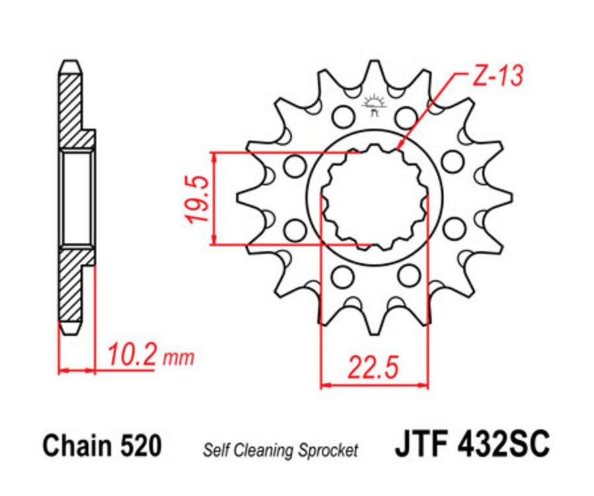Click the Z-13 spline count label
click(497, 77)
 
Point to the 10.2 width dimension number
click(131, 357)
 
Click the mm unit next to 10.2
click(179, 359)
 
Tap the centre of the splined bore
click(374, 198)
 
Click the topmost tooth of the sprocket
click(374, 69)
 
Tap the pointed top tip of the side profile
click(71, 65)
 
